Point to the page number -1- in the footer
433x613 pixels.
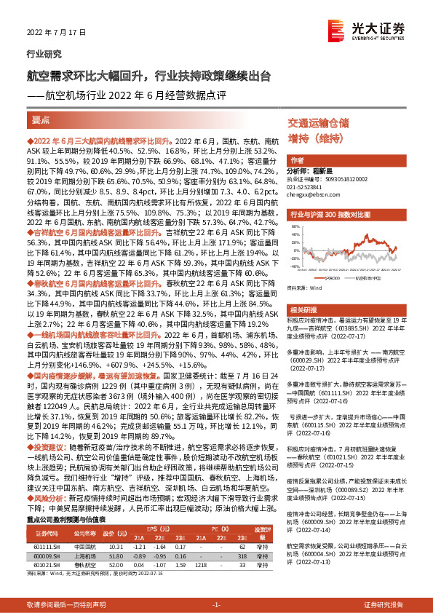click(x=216, y=604)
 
